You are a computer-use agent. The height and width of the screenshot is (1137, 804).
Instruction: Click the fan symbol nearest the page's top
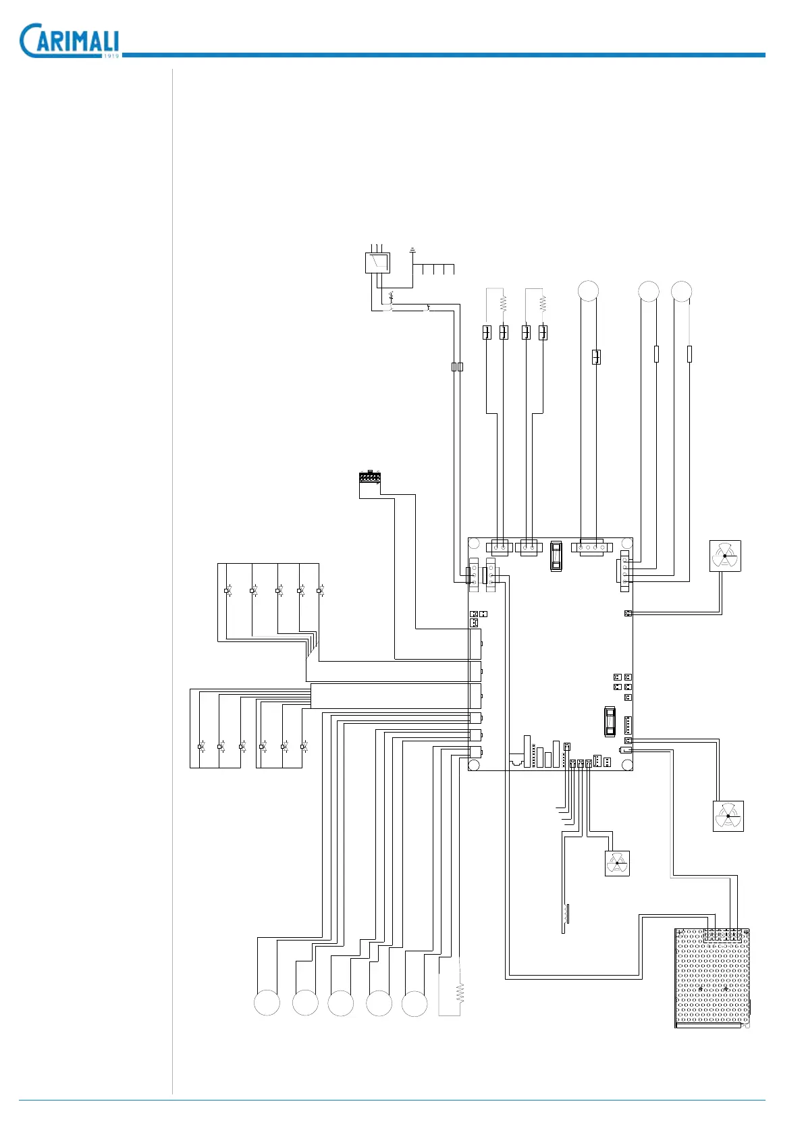click(x=725, y=556)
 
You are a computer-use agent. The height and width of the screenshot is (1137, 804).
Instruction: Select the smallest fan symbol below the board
click(x=617, y=863)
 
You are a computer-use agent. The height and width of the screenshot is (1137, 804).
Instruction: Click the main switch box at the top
click(x=377, y=263)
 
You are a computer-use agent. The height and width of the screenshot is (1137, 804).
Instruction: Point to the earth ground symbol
click(x=412, y=250)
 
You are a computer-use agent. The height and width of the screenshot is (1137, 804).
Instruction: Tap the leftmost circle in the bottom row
click(x=267, y=1003)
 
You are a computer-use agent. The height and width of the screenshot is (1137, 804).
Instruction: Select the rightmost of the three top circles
click(x=681, y=291)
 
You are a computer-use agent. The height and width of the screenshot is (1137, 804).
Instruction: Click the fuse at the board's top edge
click(x=556, y=556)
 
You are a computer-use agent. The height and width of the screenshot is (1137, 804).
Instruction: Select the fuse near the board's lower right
click(x=610, y=720)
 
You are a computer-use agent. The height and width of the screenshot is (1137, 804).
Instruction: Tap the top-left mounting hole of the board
click(x=475, y=544)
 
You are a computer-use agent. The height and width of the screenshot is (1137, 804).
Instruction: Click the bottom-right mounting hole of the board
click(x=626, y=764)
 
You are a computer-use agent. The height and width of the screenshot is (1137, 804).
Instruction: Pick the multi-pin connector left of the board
click(x=369, y=477)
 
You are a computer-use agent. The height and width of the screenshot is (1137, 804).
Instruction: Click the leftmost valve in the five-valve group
click(x=227, y=591)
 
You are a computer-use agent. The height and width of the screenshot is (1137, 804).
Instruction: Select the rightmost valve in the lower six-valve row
click(x=304, y=746)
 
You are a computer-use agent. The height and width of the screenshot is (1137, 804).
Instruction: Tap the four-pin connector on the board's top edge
click(x=591, y=547)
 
